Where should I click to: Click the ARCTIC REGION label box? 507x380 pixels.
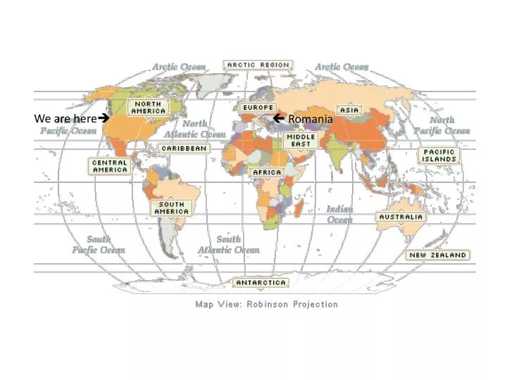pos(257,65)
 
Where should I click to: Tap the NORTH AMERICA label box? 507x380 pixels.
pos(148,107)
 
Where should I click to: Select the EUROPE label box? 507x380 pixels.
pos(258,108)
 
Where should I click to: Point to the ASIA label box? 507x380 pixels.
pos(349,110)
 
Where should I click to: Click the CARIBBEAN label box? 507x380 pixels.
pos(184,148)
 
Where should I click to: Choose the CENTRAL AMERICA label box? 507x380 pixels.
pos(111,165)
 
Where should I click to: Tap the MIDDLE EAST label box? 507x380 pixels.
pos(300,140)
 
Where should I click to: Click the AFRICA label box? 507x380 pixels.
pos(267,172)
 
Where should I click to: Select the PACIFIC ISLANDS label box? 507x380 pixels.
pos(439,156)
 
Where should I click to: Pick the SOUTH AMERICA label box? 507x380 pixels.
pos(170,208)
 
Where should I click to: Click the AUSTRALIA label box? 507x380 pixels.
pos(401,217)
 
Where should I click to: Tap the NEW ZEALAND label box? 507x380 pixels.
pos(438,255)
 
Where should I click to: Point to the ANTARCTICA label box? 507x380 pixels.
pos(261,283)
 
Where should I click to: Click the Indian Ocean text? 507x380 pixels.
pos(339,214)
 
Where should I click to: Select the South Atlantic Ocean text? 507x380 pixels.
pos(228,244)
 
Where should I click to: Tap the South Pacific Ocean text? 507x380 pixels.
pos(99,244)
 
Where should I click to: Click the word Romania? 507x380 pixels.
pos(311,119)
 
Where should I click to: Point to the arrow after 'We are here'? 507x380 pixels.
pos(103,119)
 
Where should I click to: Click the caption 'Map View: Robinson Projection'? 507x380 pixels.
pos(266,305)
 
